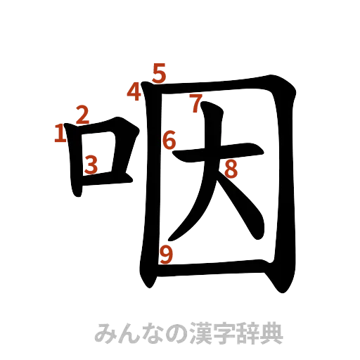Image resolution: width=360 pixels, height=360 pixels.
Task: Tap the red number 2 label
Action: tap(82, 114)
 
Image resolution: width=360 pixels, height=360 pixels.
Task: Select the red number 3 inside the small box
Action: tap(91, 165)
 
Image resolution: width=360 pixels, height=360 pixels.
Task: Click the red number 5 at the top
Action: tap(160, 72)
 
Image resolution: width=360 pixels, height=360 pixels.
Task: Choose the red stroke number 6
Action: tap(169, 141)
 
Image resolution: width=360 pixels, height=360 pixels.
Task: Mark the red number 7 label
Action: tap(195, 104)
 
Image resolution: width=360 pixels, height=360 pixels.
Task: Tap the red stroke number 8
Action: tap(231, 168)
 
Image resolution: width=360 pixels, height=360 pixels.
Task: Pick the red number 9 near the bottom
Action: tap(166, 255)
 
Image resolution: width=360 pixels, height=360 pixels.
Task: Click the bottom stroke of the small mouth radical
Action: tap(105, 180)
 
